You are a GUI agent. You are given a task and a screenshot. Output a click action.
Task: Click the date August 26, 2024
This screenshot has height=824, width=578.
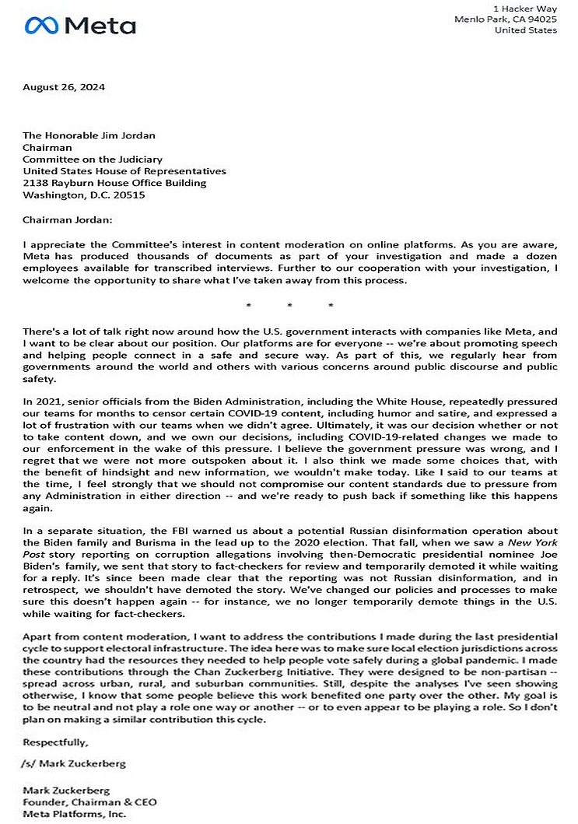[64, 87]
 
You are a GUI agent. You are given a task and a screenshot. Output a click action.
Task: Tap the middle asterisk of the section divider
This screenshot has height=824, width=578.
[289, 305]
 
